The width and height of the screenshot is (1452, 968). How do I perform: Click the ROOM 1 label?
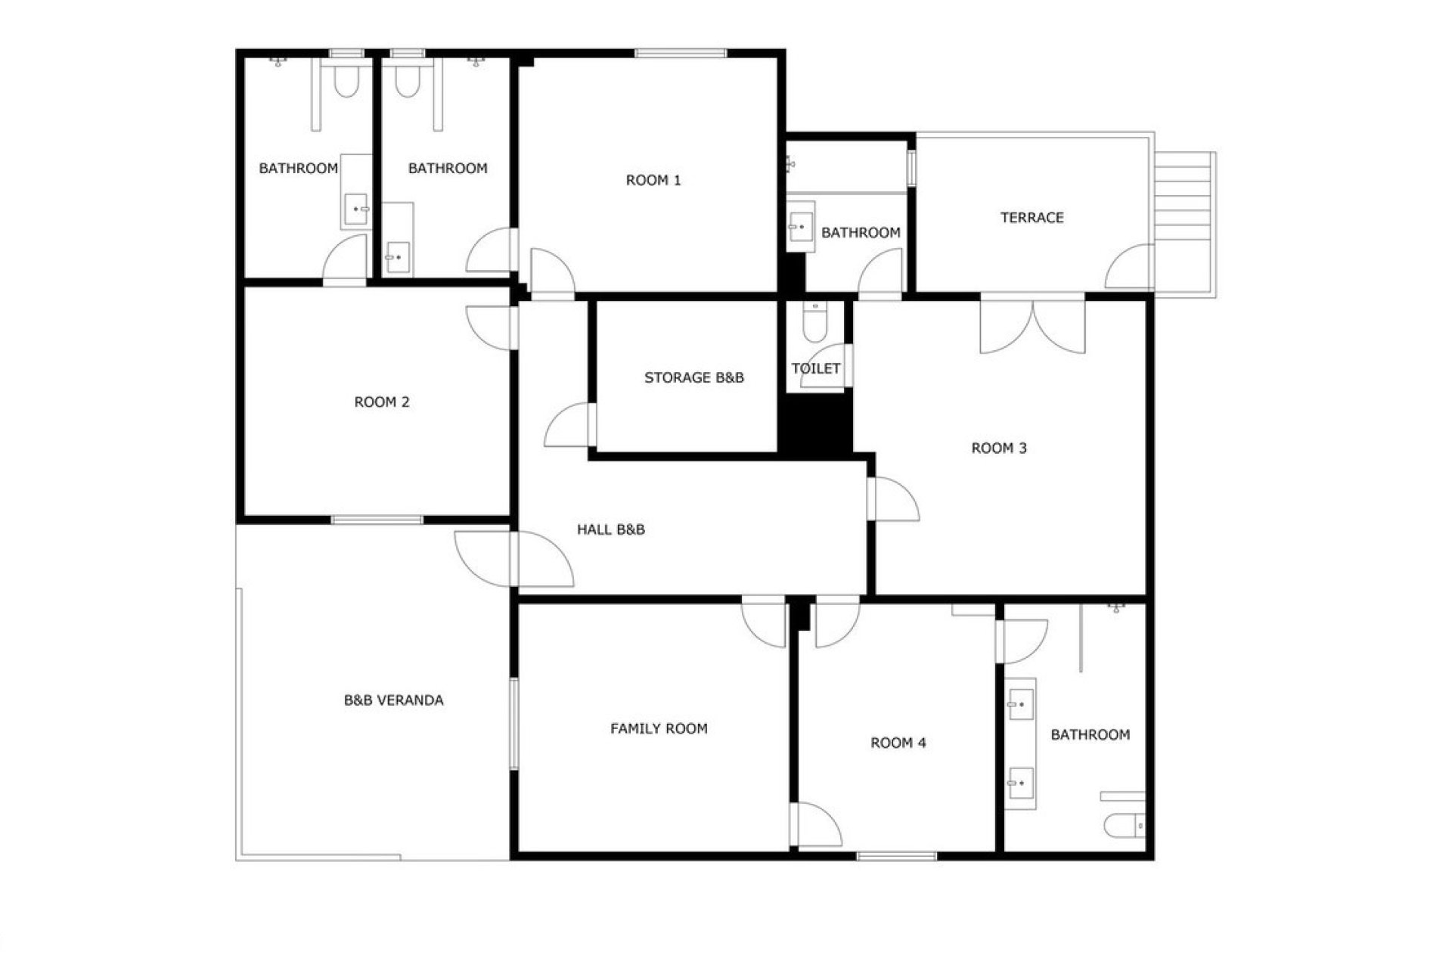(653, 180)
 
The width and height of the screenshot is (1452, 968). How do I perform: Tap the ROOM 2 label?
(382, 402)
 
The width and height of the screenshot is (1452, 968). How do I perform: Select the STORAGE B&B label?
(694, 377)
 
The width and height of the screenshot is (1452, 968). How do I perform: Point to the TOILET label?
(816, 368)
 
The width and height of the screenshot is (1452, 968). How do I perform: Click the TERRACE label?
(1032, 218)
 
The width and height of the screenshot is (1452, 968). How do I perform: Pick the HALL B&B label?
(611, 529)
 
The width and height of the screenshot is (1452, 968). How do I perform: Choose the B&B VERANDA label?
(394, 700)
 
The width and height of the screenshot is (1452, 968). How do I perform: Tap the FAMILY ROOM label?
(659, 728)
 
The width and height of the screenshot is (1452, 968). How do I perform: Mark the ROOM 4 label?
(898, 743)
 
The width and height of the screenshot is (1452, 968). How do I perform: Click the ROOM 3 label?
(999, 448)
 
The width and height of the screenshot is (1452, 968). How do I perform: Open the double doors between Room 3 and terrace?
(1033, 327)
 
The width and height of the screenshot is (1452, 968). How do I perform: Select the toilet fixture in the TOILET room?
(814, 321)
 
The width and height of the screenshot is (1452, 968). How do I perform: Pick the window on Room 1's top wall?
(681, 53)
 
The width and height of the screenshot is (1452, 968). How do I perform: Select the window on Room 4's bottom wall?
(897, 856)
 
